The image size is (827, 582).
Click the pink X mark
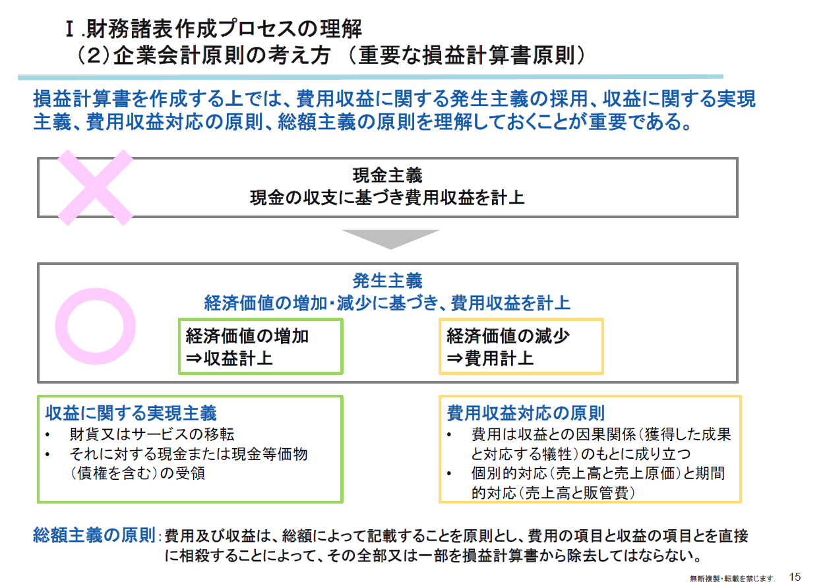(96, 185)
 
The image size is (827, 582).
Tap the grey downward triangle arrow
(390, 239)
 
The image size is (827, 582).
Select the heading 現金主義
(387, 176)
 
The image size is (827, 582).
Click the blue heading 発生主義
(387, 281)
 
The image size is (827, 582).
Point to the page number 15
(795, 576)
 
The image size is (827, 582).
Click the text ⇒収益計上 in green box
(229, 359)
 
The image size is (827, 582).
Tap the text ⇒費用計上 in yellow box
(490, 359)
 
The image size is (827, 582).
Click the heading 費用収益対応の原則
(526, 413)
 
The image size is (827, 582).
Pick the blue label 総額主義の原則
(94, 535)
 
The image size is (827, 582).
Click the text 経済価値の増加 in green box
(247, 336)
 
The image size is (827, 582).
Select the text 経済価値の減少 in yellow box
(508, 336)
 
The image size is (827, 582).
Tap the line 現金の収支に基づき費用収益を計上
(387, 197)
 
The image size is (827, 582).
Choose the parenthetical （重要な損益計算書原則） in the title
(468, 56)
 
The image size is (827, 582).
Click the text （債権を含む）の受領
(137, 473)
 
